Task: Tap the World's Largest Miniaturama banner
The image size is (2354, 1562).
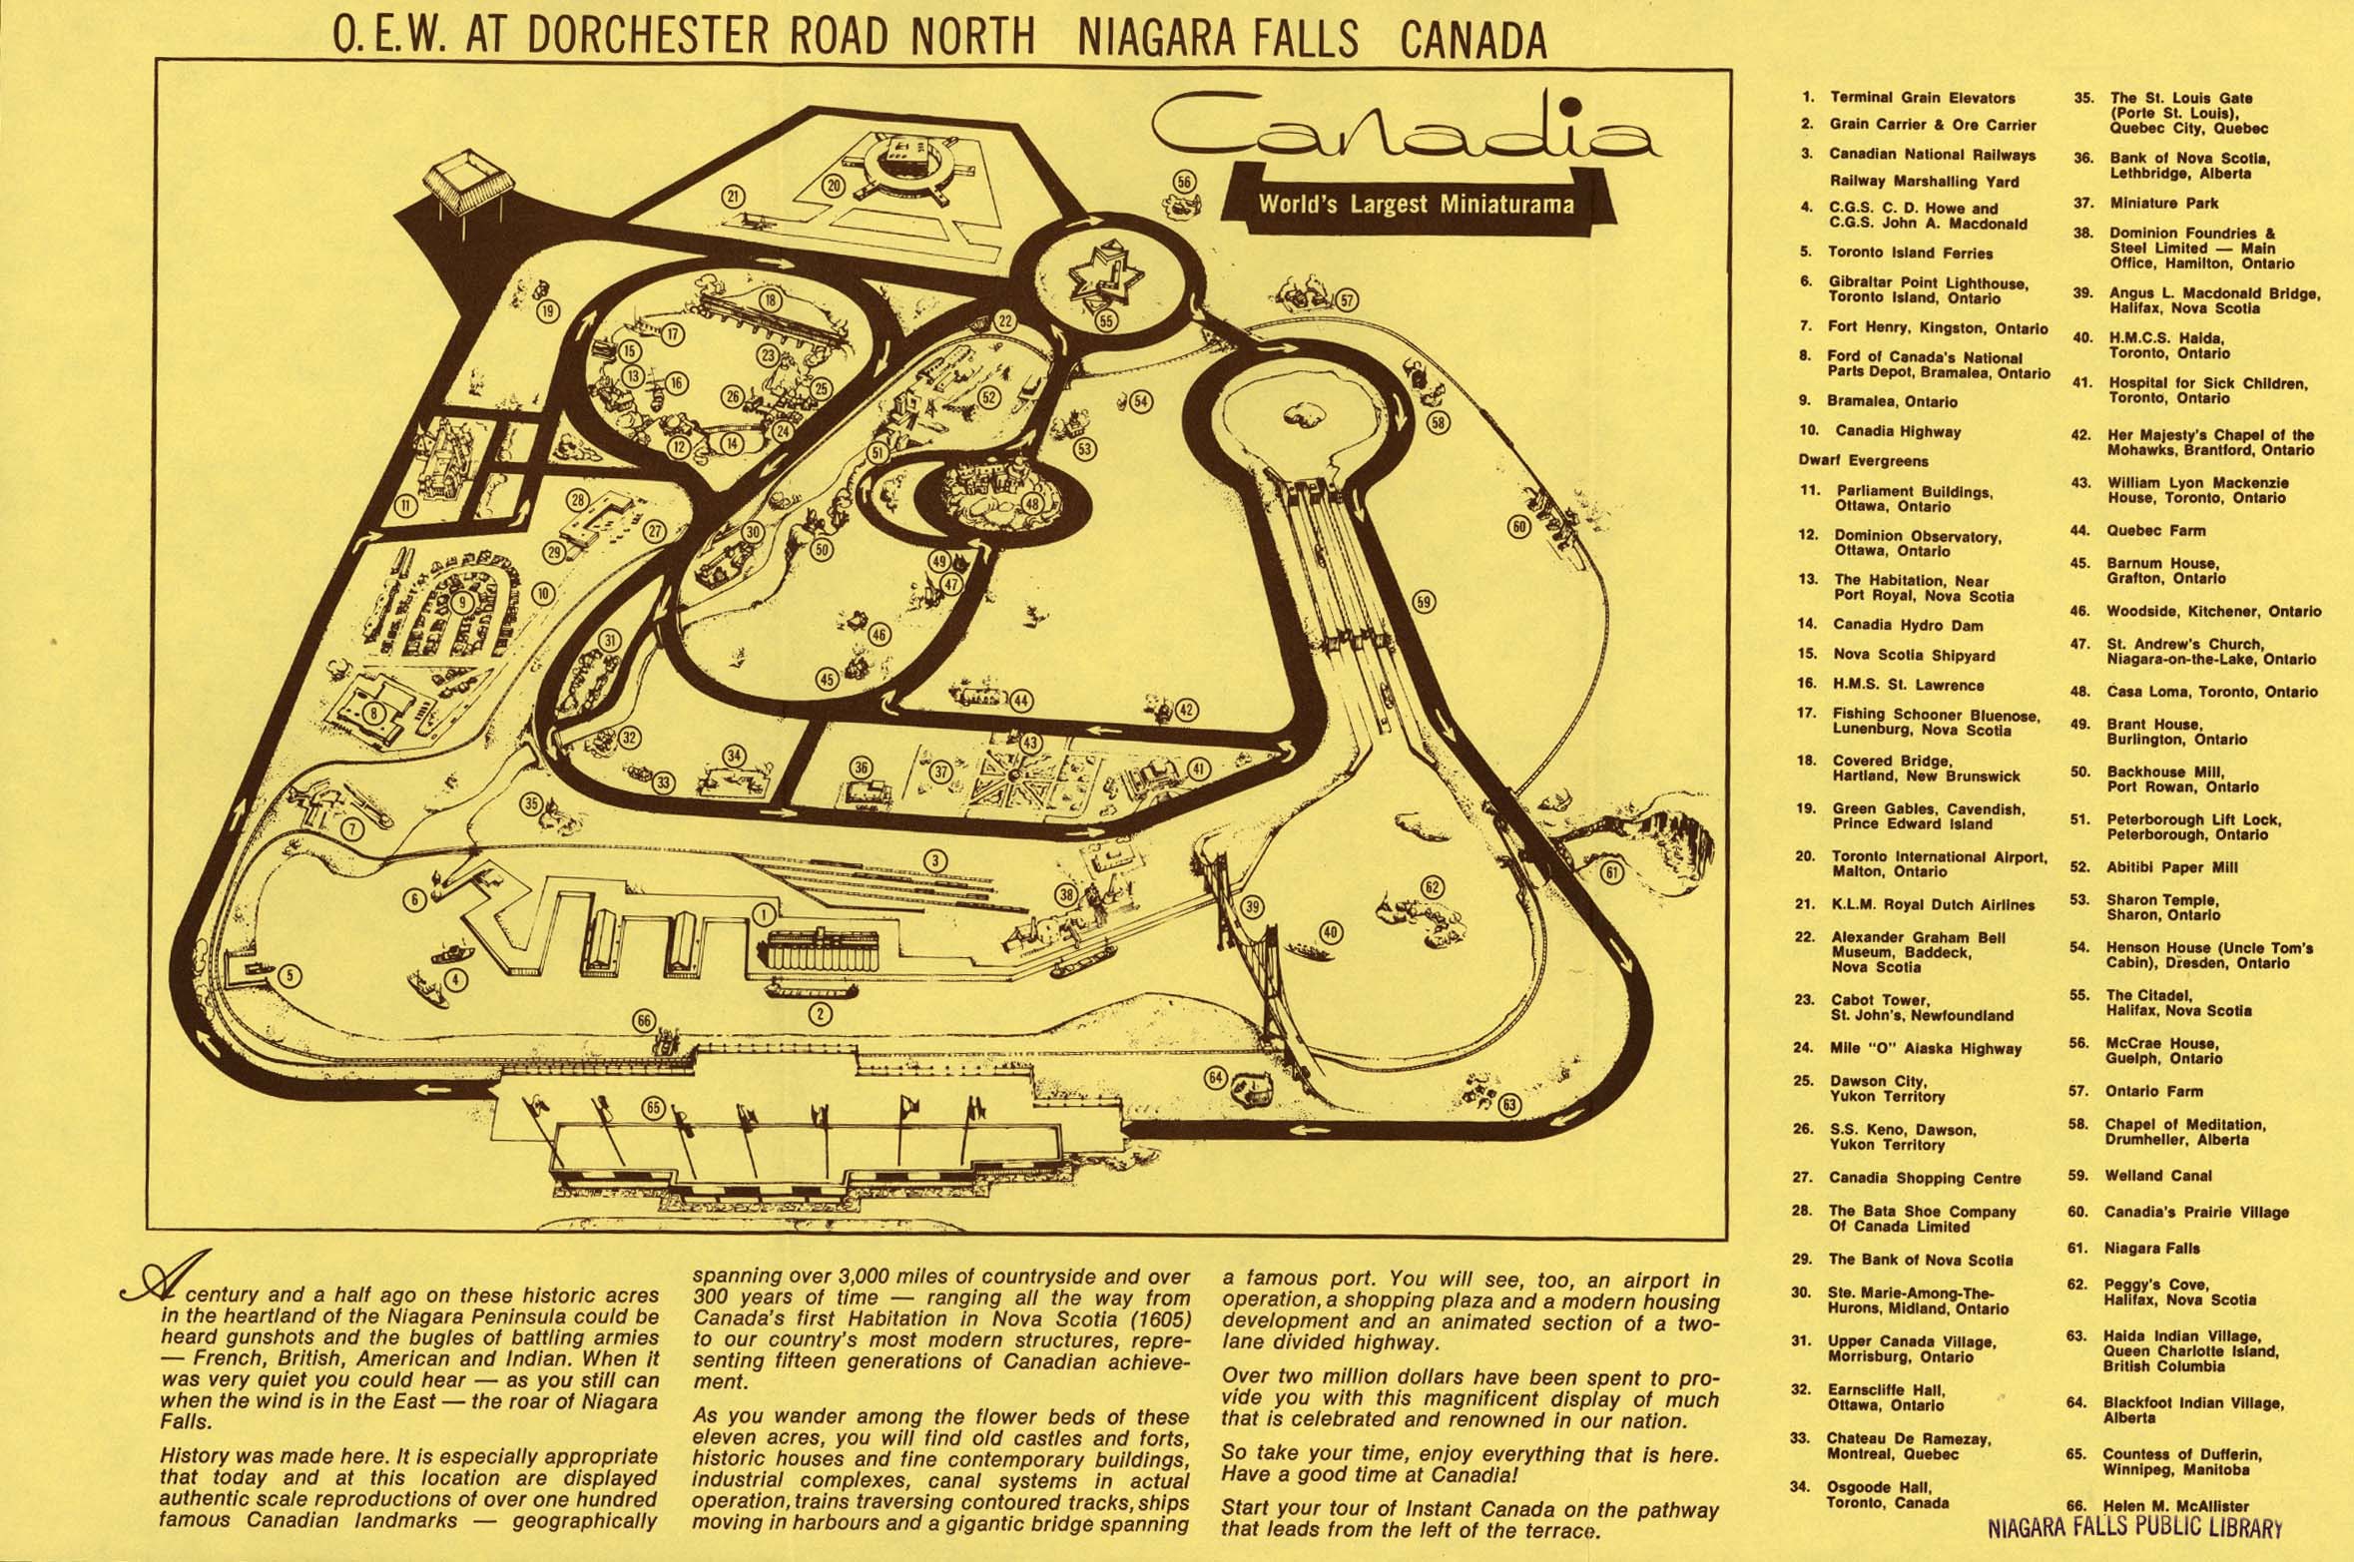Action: (x=1416, y=206)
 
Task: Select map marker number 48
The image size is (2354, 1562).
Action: (x=1031, y=504)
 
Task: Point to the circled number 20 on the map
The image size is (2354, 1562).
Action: (x=835, y=185)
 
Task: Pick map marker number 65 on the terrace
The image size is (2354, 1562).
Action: (x=655, y=1108)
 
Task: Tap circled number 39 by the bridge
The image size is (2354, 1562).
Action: (x=1253, y=907)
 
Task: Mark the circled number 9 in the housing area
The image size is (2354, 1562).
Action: (x=461, y=603)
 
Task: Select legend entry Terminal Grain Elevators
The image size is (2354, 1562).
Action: (x=1908, y=98)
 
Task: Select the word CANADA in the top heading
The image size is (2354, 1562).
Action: (x=1473, y=39)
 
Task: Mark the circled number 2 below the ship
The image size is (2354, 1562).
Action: (x=820, y=1015)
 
